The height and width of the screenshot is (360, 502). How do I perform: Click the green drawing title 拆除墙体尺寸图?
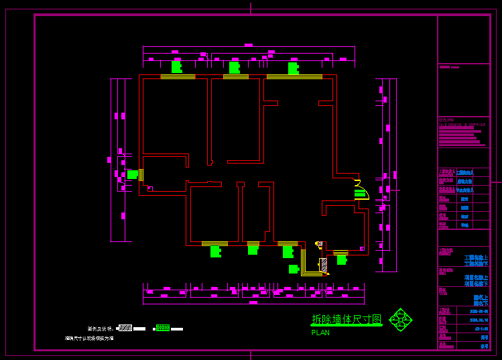point(346,320)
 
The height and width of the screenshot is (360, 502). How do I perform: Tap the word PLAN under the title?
point(320,333)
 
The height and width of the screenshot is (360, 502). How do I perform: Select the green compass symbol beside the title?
point(401,320)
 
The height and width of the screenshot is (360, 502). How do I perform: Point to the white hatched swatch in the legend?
point(125,328)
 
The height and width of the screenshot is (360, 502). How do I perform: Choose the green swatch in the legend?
point(163,328)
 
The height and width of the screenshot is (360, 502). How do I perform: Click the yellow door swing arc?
point(362,189)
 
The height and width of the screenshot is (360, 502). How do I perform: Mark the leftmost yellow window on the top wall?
point(178,77)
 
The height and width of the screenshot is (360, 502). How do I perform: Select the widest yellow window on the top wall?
point(294,77)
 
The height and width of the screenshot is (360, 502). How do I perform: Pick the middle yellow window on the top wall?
point(236,77)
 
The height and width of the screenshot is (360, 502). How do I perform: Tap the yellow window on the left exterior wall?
point(141,174)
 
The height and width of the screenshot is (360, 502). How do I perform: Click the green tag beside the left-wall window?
point(132,174)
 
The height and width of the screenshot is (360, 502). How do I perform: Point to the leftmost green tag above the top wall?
point(176,67)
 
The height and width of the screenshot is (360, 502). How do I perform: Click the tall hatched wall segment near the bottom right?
point(324,265)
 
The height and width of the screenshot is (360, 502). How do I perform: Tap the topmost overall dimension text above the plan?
point(249,45)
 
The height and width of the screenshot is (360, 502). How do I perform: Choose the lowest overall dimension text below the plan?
point(253,302)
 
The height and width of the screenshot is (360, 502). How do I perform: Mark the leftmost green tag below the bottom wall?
point(215,251)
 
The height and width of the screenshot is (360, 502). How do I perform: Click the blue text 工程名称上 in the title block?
point(476,257)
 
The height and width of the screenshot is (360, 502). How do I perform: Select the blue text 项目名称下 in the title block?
point(476,283)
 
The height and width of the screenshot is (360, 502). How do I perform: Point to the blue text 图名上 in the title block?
point(481,296)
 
